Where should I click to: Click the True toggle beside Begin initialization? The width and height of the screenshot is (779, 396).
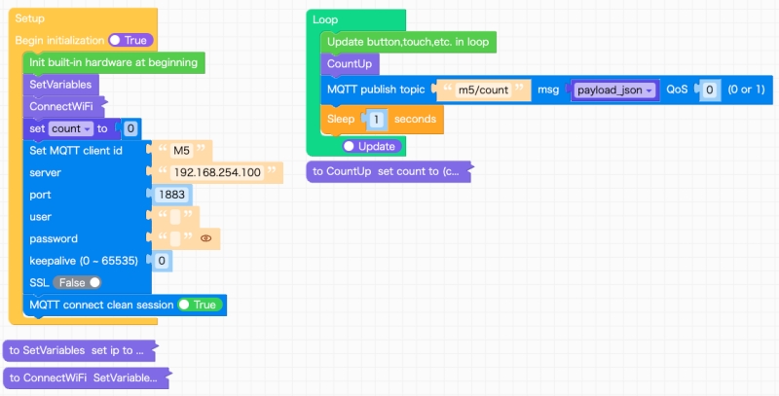(x=130, y=41)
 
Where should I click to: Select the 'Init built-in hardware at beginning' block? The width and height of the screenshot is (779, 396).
(x=113, y=62)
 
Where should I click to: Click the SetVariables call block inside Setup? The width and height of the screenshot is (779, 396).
(x=60, y=85)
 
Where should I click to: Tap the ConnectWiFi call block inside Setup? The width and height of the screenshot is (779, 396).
(x=63, y=106)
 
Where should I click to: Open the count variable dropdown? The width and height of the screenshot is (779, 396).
(x=70, y=128)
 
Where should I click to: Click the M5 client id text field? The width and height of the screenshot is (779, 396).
(x=181, y=151)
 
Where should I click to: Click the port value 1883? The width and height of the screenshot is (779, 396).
(x=171, y=195)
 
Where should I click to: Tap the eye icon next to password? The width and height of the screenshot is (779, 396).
(x=205, y=238)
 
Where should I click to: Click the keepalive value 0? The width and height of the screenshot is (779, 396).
(x=162, y=260)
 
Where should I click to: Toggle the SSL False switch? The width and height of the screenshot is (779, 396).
(x=78, y=282)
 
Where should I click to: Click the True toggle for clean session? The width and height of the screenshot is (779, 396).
(x=199, y=305)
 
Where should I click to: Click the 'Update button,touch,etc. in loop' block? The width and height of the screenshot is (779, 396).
(x=407, y=42)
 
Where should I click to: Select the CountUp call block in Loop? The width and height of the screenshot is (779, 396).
(x=349, y=64)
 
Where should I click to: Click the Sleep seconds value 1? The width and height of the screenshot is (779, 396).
(x=376, y=119)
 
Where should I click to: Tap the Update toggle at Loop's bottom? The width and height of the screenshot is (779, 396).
(x=370, y=146)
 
